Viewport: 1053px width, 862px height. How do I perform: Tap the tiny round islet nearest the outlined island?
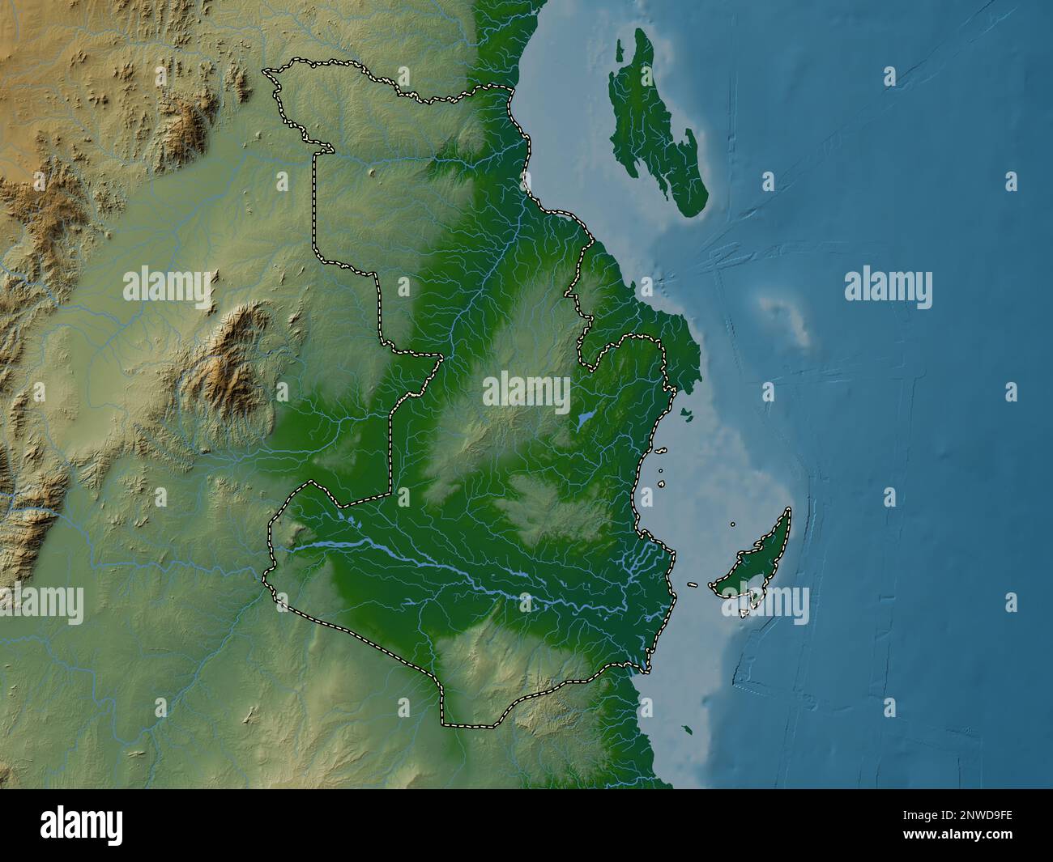733,524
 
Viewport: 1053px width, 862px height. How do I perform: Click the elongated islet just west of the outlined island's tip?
693,584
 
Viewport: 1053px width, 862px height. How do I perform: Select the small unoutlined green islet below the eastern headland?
686,415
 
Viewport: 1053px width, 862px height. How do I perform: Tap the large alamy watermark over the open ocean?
888,289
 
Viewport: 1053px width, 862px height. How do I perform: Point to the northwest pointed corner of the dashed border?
266,71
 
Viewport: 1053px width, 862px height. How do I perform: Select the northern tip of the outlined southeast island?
787,510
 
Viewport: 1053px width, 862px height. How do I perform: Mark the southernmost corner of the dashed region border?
444,720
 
